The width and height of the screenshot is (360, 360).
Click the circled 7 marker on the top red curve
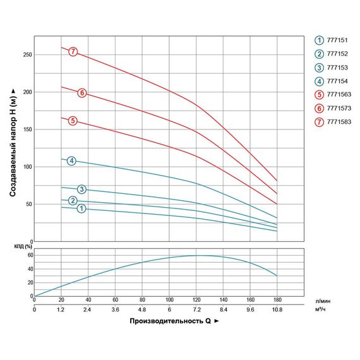(73, 51)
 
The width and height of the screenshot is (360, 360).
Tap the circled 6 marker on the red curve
(82, 93)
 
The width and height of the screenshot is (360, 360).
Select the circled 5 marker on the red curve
(73, 121)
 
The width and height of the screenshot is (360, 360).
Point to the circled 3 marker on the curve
(81, 189)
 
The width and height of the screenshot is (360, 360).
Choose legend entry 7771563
(334, 94)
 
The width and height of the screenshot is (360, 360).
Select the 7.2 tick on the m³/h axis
(196, 310)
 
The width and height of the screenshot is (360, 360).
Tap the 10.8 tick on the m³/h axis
(277, 310)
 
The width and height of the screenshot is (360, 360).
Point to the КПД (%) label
(23, 246)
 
